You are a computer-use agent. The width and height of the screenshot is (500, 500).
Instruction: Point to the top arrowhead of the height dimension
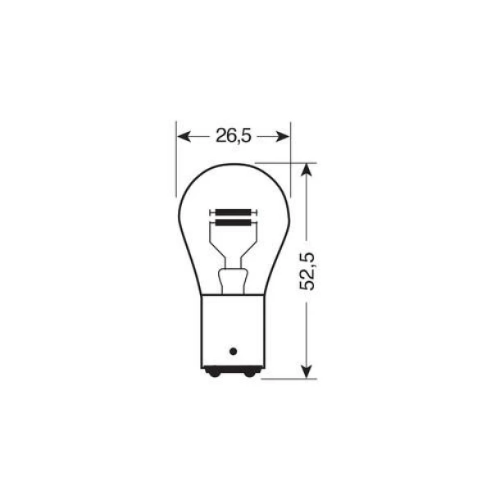click(x=307, y=169)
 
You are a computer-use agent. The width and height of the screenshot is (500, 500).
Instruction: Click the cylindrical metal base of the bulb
click(x=233, y=328)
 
